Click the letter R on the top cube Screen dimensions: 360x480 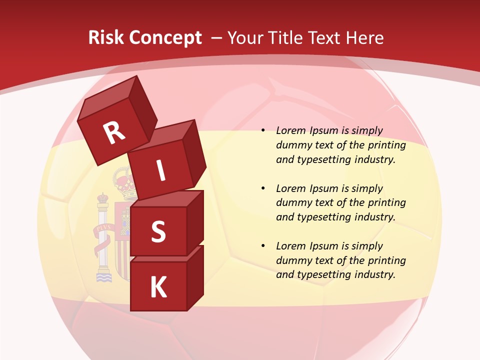114,133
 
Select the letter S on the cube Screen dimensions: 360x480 158,231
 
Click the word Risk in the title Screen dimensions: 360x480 106,37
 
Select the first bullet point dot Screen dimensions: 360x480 263,131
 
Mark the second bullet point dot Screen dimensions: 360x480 263,189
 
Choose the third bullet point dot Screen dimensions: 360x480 263,246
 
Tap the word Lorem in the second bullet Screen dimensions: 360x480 290,188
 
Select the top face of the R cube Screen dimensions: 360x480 107,99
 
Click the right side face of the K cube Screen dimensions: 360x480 195,277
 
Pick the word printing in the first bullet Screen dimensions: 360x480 387,145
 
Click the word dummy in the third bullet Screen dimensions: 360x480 293,260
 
